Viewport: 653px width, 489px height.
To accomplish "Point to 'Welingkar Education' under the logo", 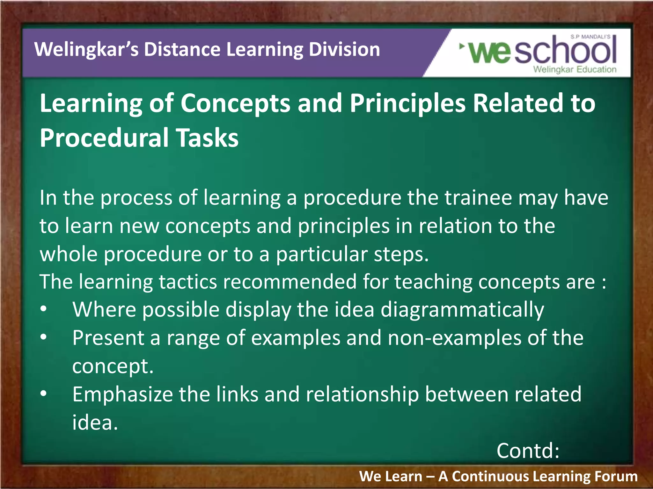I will (x=575, y=69).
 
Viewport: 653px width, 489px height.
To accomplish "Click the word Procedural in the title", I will (x=104, y=138).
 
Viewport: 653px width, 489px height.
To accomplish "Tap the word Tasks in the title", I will (x=208, y=138).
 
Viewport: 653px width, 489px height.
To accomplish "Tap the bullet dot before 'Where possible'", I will (x=44, y=309).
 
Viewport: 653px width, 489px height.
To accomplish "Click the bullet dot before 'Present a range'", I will (x=44, y=337).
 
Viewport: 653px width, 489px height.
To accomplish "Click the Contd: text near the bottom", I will (x=528, y=451).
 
